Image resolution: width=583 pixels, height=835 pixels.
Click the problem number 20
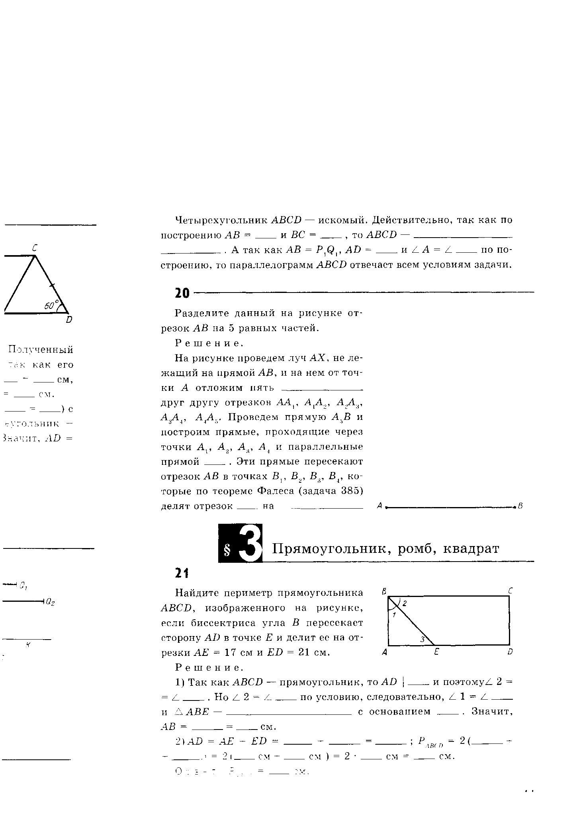[x=182, y=293]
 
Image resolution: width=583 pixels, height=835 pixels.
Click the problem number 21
[x=182, y=573]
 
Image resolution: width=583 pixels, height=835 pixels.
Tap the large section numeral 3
[x=251, y=543]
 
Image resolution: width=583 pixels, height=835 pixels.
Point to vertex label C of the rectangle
[x=510, y=591]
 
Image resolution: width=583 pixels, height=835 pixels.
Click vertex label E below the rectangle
[x=436, y=652]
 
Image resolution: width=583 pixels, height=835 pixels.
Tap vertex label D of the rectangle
[x=510, y=652]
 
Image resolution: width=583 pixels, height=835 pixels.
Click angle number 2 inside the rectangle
[x=404, y=603]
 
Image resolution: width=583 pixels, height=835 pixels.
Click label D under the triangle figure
[x=69, y=320]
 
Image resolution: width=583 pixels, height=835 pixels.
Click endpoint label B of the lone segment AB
[x=520, y=506]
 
